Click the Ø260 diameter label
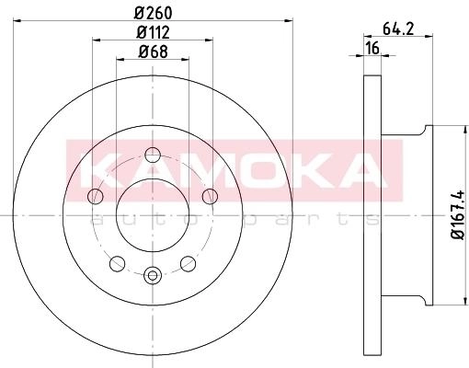pyautogui.click(x=154, y=13)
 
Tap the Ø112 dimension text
pyautogui.click(x=153, y=32)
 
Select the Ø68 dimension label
pyautogui.click(x=153, y=52)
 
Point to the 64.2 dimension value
pyautogui.click(x=398, y=29)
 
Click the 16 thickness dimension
pyautogui.click(x=372, y=49)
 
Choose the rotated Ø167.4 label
pyautogui.click(x=458, y=215)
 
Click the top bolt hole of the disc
pyautogui.click(x=153, y=155)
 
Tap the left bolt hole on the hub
pyautogui.click(x=95, y=196)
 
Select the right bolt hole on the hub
pyautogui.click(x=210, y=196)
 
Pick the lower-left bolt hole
pyautogui.click(x=117, y=263)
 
